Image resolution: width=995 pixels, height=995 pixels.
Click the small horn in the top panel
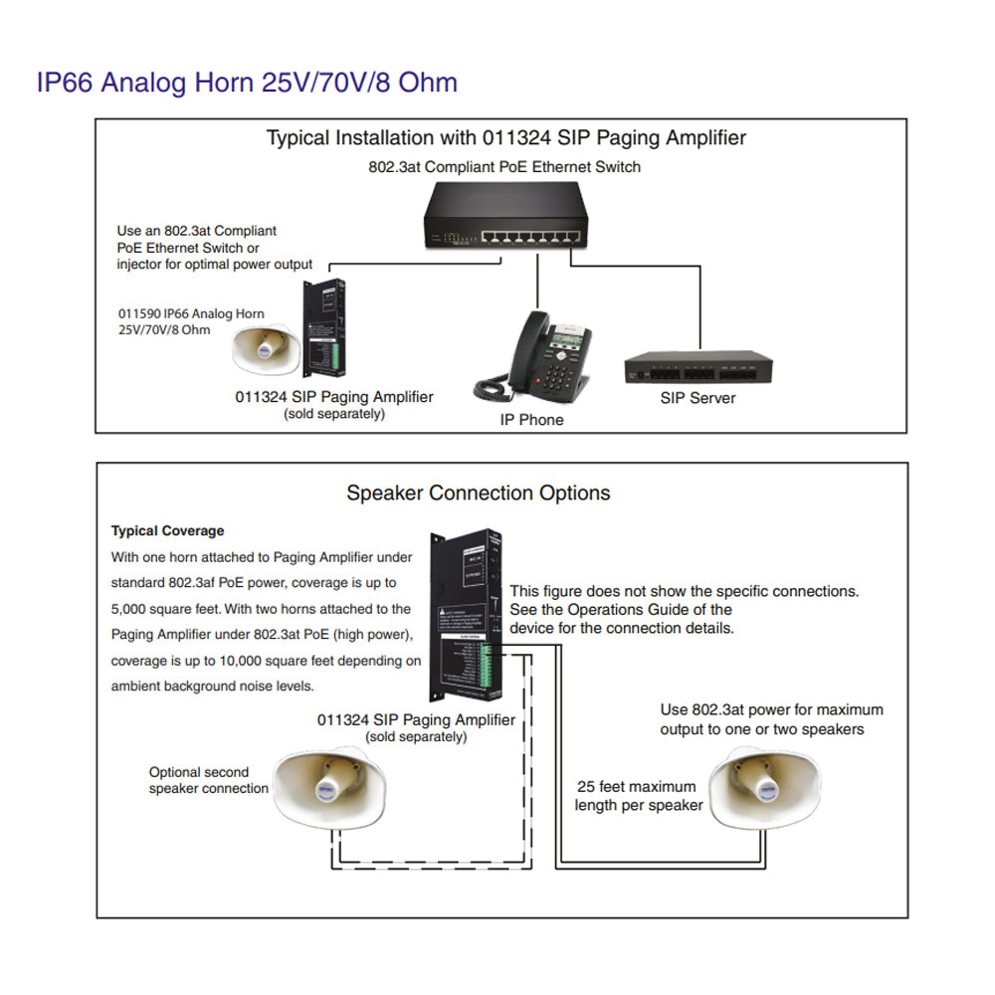tap(266, 346)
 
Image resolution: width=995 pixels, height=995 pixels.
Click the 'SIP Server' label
tap(697, 398)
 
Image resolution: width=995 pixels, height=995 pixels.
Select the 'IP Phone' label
tap(531, 420)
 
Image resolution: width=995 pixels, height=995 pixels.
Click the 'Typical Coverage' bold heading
tap(167, 531)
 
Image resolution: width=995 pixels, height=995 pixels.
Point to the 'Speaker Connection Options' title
tap(478, 493)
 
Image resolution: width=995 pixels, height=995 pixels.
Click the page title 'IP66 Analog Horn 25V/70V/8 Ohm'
tap(247, 82)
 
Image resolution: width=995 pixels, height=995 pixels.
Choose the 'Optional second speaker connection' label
tap(208, 780)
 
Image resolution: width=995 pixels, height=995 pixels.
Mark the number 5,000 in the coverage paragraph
tap(132, 609)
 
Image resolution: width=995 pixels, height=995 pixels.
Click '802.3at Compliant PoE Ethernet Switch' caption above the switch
tap(504, 167)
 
